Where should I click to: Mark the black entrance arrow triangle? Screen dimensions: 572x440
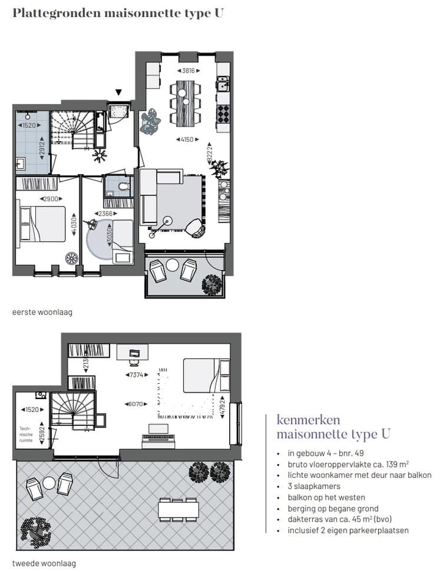(119, 93)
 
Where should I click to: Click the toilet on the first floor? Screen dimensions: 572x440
(122, 187)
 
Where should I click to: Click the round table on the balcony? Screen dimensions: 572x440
(173, 266)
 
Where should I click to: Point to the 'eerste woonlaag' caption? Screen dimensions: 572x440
(42, 312)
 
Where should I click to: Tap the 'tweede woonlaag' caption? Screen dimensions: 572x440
(44, 563)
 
